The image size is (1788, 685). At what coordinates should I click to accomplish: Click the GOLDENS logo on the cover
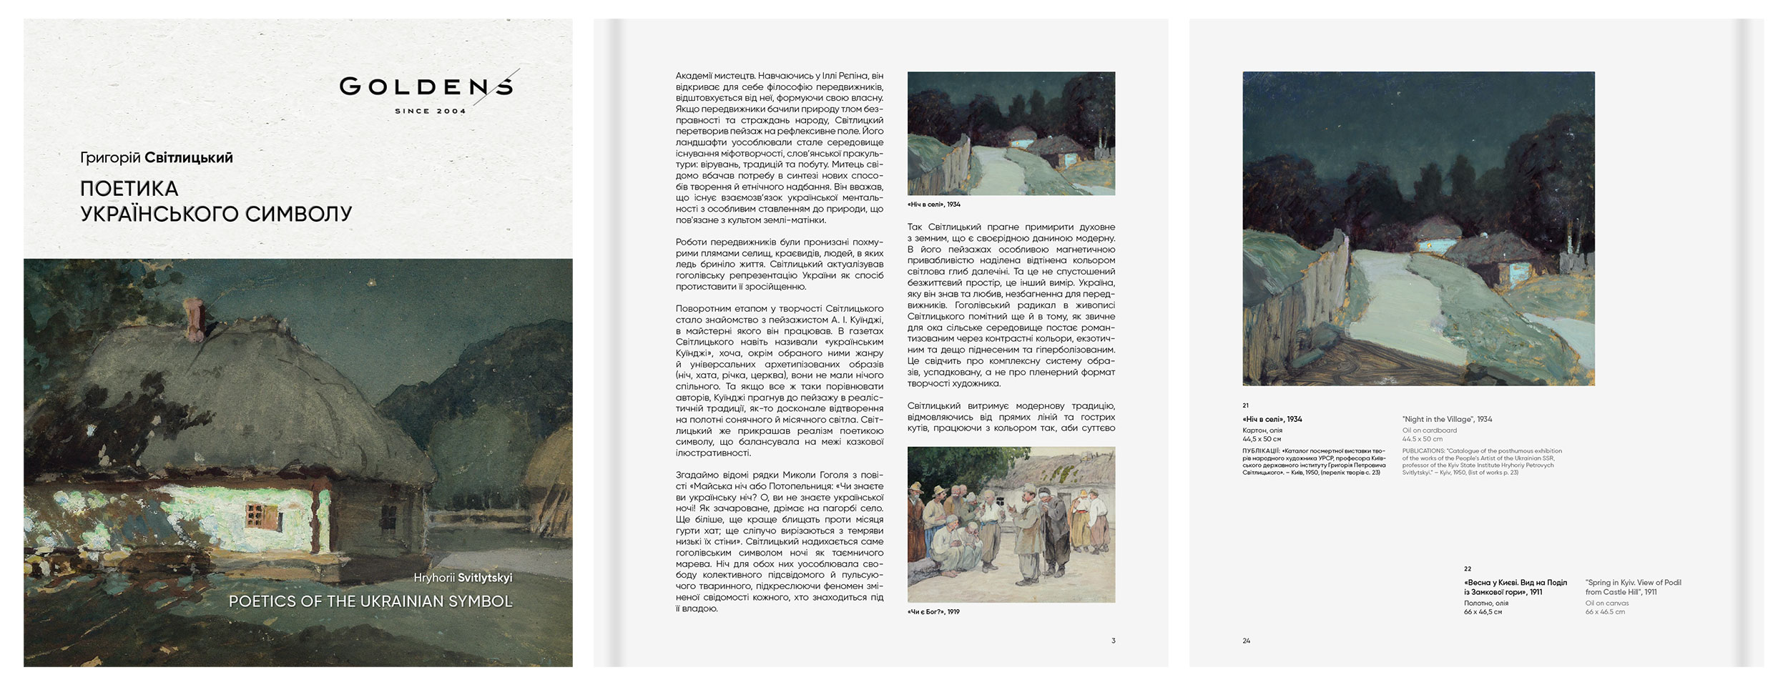coord(426,87)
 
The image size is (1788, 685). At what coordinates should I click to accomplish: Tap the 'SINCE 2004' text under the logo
coord(430,112)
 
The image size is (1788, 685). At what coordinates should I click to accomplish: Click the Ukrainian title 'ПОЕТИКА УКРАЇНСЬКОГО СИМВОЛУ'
coord(216,201)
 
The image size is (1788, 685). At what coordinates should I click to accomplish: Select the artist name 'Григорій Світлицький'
coord(157,157)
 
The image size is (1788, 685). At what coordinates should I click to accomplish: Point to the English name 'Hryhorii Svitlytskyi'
coord(463,578)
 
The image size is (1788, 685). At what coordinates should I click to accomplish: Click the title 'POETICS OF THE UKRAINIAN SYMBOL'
coord(370,601)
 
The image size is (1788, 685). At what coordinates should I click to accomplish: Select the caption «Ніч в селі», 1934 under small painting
coord(933,204)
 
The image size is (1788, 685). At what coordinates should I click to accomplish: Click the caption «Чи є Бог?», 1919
coord(933,612)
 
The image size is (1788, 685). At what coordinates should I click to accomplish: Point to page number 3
coord(1113,641)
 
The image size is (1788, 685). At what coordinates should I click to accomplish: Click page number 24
coord(1247,641)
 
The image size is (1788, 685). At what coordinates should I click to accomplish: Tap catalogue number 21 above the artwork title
coord(1246,405)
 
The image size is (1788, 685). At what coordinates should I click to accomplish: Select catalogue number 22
coord(1468,569)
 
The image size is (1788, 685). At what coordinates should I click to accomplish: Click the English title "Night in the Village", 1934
coord(1447,419)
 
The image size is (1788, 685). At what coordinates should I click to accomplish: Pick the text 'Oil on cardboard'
coord(1429,430)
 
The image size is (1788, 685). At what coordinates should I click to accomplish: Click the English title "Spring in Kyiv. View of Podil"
coord(1633,587)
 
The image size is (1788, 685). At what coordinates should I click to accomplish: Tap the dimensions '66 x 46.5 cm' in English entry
coord(1605,612)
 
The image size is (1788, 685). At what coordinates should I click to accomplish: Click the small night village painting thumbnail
coord(1011,133)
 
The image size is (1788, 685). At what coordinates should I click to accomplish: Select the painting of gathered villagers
coord(1011,524)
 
